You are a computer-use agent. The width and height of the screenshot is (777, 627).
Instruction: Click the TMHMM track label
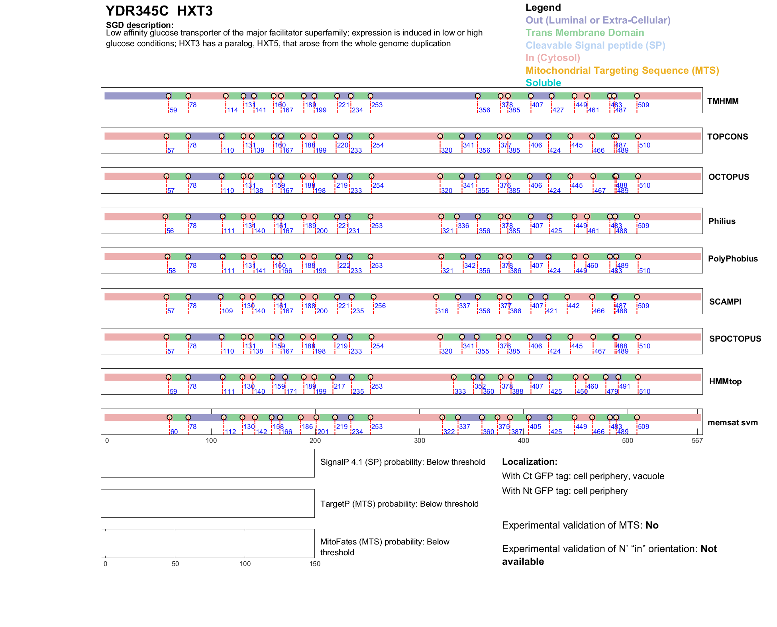[722, 101]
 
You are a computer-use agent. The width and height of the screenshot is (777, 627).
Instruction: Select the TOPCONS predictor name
[727, 137]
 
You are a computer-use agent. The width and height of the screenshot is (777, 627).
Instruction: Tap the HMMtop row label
[725, 381]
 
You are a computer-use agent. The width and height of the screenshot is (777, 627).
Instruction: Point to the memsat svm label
[732, 423]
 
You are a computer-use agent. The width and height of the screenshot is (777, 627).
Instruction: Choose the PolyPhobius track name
[732, 259]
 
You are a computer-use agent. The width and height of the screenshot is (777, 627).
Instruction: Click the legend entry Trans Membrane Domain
[585, 33]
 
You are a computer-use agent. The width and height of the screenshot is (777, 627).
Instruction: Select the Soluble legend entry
[543, 83]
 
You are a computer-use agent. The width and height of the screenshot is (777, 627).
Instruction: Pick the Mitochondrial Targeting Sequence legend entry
[622, 71]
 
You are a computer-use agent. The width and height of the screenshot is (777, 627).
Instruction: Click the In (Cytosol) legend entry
[553, 58]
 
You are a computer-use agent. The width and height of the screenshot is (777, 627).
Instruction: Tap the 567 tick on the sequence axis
[697, 440]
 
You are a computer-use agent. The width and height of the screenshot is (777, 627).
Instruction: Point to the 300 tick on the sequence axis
[420, 440]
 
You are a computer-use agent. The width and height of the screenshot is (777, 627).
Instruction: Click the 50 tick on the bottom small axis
[175, 564]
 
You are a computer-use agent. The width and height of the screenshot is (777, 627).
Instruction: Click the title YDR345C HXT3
[159, 11]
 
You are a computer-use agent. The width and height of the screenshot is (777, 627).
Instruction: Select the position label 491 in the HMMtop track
[624, 386]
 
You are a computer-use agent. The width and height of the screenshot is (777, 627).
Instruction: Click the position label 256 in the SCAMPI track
[380, 306]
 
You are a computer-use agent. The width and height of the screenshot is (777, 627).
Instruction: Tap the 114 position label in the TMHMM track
[232, 110]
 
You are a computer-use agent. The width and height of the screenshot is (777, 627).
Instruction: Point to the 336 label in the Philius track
[463, 226]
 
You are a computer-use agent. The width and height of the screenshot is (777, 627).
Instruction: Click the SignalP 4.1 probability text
[402, 462]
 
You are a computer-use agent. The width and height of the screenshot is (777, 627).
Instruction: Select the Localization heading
[529, 462]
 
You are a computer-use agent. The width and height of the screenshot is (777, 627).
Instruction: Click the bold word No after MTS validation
[652, 525]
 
